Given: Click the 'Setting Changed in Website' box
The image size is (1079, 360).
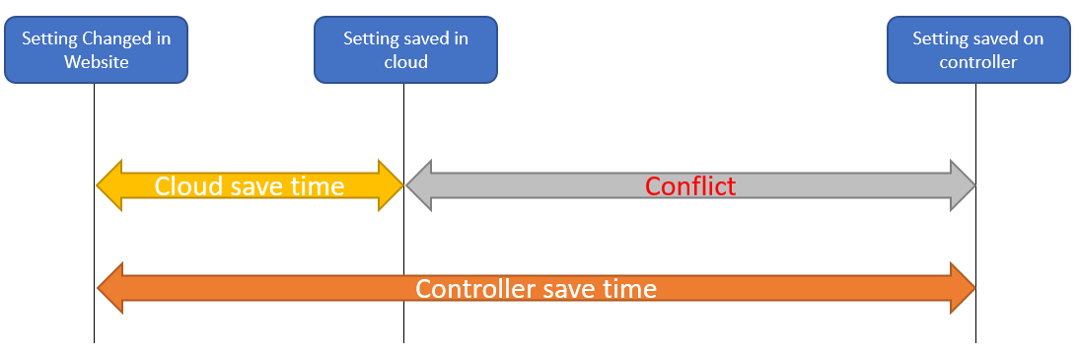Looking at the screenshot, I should coord(96,50).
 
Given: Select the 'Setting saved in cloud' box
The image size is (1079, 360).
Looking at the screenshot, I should coord(405,50).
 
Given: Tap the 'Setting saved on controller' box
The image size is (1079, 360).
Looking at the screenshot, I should coord(977,50).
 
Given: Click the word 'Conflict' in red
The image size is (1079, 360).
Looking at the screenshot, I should coord(690,185).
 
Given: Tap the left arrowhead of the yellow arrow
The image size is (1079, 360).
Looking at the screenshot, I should coord(109,185).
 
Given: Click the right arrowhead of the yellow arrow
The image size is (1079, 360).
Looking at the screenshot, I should coord(391,185).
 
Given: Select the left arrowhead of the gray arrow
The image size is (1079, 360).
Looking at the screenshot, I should coord(419,185).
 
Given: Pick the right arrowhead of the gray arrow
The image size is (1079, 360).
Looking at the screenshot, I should coord(962,185).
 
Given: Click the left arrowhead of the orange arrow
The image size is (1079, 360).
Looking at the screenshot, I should coord(109,289).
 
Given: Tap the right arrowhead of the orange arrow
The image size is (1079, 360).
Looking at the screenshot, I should coord(962,289).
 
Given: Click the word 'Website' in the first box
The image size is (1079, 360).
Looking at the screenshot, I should coord(96,62).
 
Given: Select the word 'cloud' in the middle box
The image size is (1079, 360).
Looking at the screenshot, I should coord(405,62).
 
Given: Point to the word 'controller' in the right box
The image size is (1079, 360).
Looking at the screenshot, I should coord(977,62).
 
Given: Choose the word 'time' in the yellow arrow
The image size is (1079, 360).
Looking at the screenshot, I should coord(318,185).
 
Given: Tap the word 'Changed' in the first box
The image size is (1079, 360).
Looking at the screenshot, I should coord(107,39).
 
